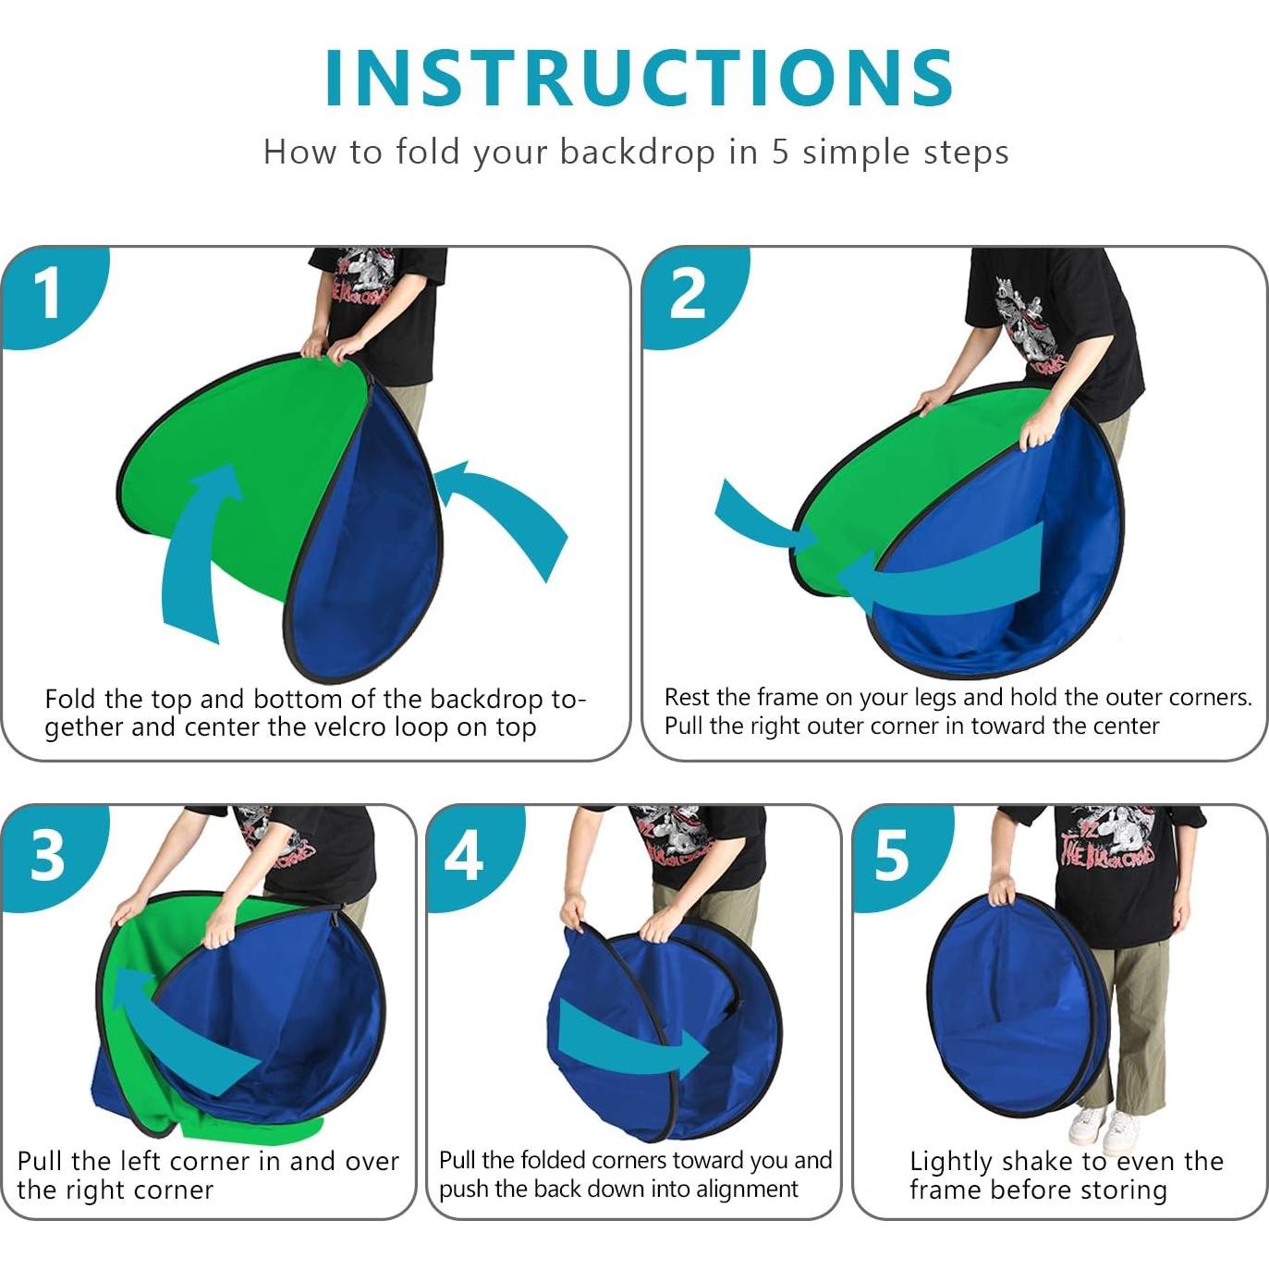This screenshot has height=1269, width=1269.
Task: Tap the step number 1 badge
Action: [48, 294]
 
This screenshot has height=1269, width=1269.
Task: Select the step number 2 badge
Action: [688, 295]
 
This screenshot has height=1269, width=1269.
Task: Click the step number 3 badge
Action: [48, 855]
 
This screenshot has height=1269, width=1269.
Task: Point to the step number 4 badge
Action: [463, 856]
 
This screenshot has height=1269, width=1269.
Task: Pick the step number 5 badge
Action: [891, 856]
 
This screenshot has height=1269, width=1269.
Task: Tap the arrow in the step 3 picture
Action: [176, 1026]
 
